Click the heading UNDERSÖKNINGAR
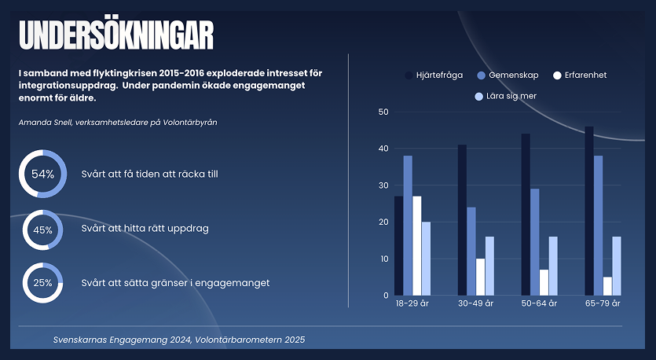click(116, 35)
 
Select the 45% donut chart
click(42, 230)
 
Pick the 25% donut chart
click(42, 282)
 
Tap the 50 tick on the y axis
click(383, 112)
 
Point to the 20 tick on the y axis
click(383, 222)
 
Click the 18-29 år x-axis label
click(412, 303)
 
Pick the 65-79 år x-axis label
click(603, 303)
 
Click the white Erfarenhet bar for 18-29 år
click(417, 245)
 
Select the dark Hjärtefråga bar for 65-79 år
click(589, 211)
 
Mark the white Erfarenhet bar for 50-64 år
click(544, 282)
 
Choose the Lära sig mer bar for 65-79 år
click(617, 266)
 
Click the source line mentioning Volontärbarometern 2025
click(179, 340)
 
